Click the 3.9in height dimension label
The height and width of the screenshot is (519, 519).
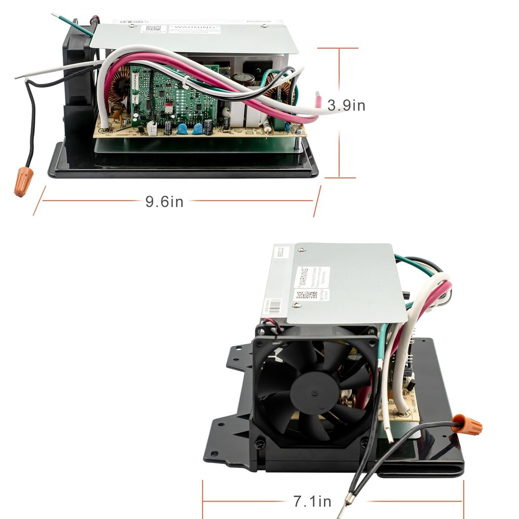pyautogui.click(x=347, y=106)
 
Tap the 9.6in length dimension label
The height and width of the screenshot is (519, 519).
pyautogui.click(x=164, y=201)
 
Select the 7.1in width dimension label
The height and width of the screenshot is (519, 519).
pyautogui.click(x=312, y=501)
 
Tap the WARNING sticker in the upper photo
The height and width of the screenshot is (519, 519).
pyautogui.click(x=195, y=29)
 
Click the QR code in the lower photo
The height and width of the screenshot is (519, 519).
pyautogui.click(x=307, y=295)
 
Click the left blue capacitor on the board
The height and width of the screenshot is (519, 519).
pyautogui.click(x=183, y=129)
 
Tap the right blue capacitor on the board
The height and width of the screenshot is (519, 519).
pyautogui.click(x=198, y=129)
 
